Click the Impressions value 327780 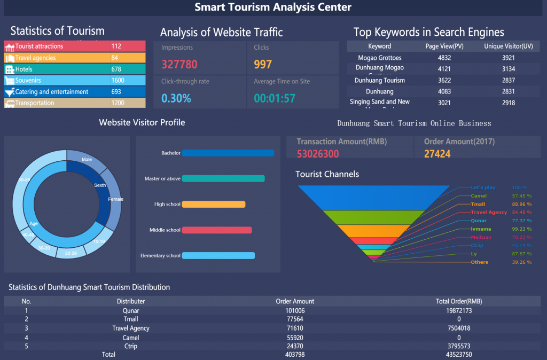179,65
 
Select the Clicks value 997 263,65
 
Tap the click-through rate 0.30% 176,98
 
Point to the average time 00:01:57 275,98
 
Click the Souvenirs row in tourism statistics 74,81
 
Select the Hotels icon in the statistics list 10,69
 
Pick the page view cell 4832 444,58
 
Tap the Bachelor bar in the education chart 228,153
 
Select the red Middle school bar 217,230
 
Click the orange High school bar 214,204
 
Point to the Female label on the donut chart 115,199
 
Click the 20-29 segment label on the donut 71,253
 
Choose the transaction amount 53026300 318,154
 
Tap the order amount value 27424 437,154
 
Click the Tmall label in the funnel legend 478,204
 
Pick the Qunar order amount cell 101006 295,310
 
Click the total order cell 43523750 459,355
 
